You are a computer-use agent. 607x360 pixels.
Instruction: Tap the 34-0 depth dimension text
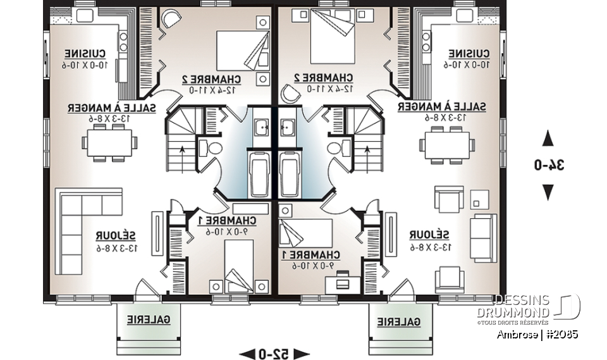tap(548, 165)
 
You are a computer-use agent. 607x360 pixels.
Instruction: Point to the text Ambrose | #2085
tap(537, 334)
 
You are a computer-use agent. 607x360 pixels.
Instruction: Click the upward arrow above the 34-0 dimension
tap(548, 139)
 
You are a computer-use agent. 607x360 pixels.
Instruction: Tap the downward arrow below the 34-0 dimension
tap(548, 192)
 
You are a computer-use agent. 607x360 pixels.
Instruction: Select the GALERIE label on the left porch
tap(148, 320)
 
